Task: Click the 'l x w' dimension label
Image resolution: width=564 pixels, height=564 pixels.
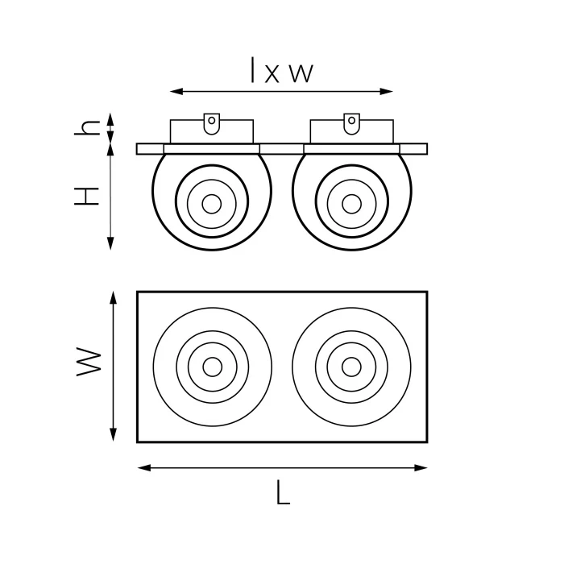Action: coord(282,70)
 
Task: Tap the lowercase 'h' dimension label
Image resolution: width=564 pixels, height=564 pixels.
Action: coord(87,127)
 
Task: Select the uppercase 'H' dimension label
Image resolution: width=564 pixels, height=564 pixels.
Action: coord(86,197)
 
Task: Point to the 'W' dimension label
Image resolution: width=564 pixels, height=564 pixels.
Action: coord(89,362)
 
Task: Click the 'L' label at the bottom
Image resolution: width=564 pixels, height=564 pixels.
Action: coord(283,492)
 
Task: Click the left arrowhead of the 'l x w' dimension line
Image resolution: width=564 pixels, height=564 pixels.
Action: coord(176,91)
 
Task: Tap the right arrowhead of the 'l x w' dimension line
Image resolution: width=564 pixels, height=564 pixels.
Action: coord(386,91)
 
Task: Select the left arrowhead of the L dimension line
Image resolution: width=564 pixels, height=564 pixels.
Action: coord(144,468)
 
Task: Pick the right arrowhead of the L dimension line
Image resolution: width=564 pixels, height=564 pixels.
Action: coord(421,468)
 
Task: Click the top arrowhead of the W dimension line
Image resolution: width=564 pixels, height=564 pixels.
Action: coord(114,298)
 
